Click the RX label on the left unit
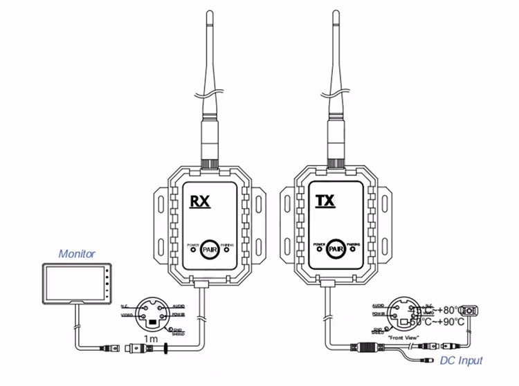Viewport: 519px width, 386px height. point(201,201)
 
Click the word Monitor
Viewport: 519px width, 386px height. point(76,254)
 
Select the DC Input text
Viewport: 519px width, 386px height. point(459,360)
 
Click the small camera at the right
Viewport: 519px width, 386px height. point(470,311)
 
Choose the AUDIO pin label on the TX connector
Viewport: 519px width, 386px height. point(378,304)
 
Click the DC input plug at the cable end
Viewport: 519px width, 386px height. point(429,360)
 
